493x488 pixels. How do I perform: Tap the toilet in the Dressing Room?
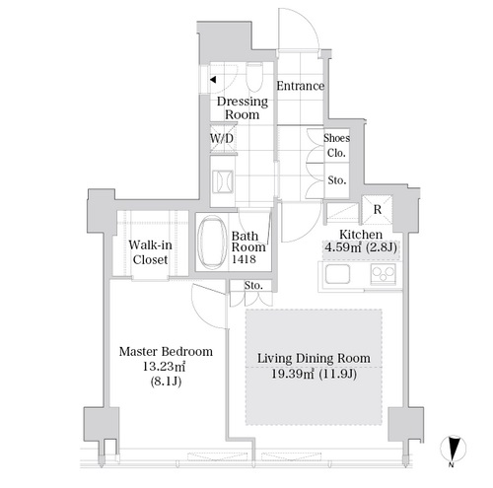coord(254,78)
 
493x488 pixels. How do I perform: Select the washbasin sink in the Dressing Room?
coord(223,181)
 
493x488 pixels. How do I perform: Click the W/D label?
coord(222,138)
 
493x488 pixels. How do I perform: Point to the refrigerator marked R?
coord(378,209)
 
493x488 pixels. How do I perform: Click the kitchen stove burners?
coord(384,274)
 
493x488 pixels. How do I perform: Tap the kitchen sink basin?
coord(337,274)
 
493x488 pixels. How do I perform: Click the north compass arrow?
coord(453,449)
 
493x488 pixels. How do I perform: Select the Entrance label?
coord(301,86)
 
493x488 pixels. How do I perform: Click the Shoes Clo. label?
coord(336,145)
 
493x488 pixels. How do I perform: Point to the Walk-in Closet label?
coord(150,252)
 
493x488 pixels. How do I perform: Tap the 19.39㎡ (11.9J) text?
coord(314,374)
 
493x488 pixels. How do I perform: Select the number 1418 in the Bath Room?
coord(244,259)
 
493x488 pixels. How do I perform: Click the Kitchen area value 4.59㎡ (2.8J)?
coord(361,246)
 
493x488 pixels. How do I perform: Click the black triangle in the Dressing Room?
coord(213,80)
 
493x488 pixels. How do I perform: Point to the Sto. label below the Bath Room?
coord(253,285)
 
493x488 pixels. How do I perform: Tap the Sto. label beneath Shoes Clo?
coord(337,180)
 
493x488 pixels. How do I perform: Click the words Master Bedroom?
coord(166,352)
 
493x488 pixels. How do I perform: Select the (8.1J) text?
coord(166,382)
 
